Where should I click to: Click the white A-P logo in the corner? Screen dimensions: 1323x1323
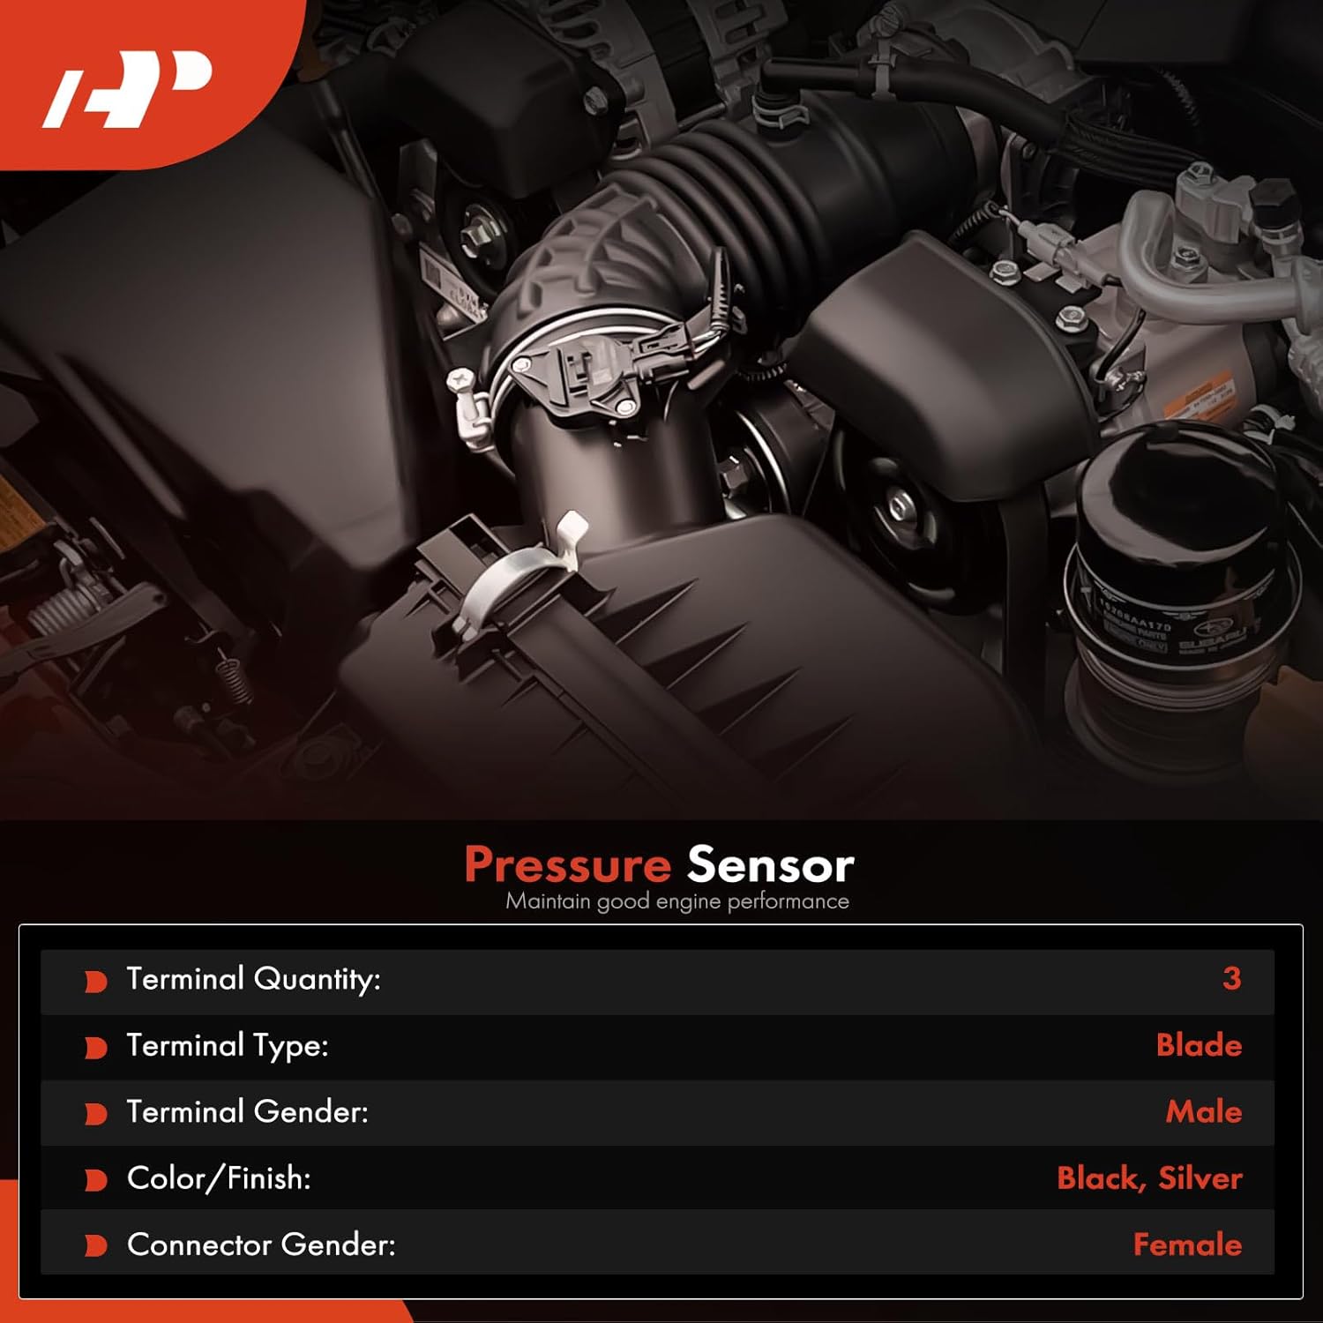(x=128, y=88)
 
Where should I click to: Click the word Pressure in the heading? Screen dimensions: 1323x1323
(x=567, y=864)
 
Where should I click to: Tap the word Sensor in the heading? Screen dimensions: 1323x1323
(x=770, y=864)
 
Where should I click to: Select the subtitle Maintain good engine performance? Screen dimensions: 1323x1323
(x=676, y=901)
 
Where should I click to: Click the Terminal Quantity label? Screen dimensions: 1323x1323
(x=253, y=979)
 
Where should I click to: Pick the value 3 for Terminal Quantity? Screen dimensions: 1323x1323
(x=1231, y=978)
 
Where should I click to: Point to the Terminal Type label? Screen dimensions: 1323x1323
(x=227, y=1045)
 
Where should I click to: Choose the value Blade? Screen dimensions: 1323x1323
(x=1199, y=1045)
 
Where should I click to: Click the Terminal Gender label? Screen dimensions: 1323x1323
(x=247, y=1111)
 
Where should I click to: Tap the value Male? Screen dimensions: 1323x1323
(x=1203, y=1111)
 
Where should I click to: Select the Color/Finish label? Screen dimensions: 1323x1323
(x=218, y=1178)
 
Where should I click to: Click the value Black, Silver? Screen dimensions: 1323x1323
(x=1149, y=1178)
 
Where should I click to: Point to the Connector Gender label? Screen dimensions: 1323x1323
(x=261, y=1245)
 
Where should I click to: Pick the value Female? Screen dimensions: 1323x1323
(x=1187, y=1245)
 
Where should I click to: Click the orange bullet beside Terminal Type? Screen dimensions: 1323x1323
(x=95, y=1047)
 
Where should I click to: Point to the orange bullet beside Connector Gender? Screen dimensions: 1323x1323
(x=95, y=1245)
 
